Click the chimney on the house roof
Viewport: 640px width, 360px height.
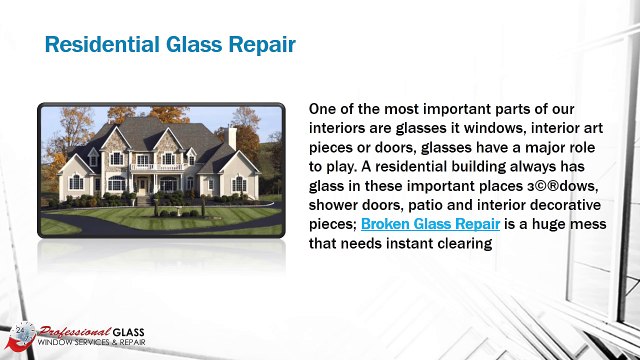click(232, 136)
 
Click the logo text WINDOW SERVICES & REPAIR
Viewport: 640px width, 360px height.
click(90, 344)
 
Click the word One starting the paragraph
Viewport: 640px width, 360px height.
click(325, 108)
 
